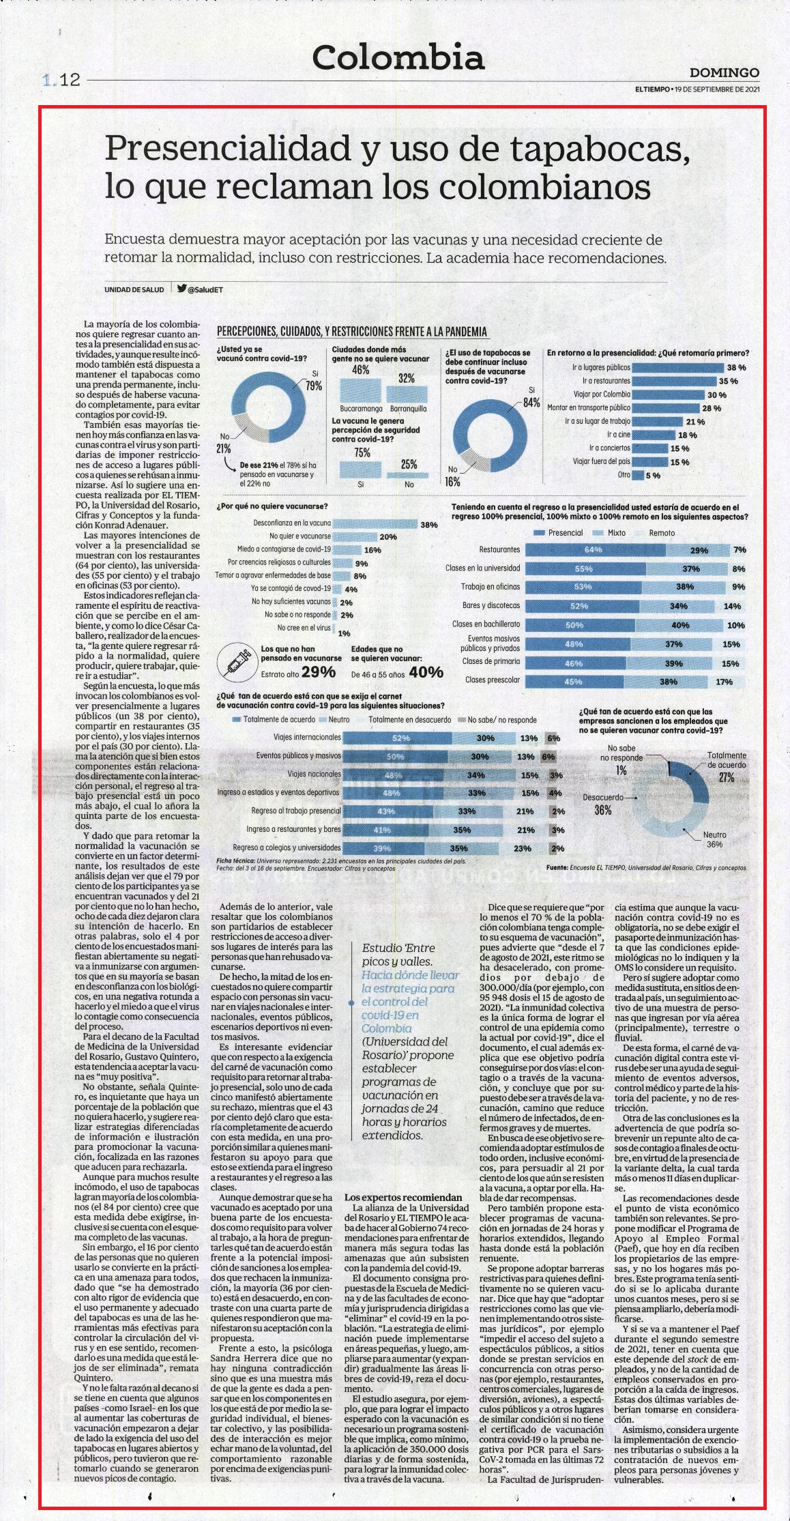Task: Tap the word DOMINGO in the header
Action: (x=725, y=72)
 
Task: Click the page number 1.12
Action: (x=61, y=81)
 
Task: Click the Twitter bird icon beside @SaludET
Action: (x=181, y=289)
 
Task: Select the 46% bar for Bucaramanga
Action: (x=355, y=390)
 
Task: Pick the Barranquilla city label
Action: (x=407, y=408)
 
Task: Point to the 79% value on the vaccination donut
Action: (x=313, y=386)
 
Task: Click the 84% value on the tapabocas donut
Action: (x=531, y=402)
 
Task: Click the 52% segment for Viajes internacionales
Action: (x=401, y=738)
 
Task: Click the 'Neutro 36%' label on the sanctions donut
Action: (x=715, y=839)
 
